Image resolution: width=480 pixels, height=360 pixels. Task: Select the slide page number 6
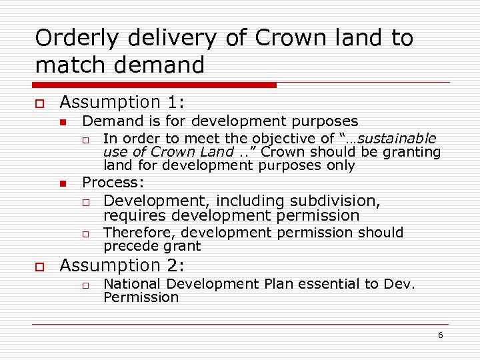point(440,335)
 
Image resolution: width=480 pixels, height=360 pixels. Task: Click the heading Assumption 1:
point(122,102)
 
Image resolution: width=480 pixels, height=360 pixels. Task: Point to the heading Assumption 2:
point(122,265)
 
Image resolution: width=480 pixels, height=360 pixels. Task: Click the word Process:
point(112,183)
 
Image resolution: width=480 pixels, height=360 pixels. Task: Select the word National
point(133,284)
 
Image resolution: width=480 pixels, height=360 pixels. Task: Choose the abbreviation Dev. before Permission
point(399,284)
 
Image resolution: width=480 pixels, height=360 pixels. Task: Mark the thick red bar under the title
point(155,85)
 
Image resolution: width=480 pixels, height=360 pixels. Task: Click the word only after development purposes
point(340,165)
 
